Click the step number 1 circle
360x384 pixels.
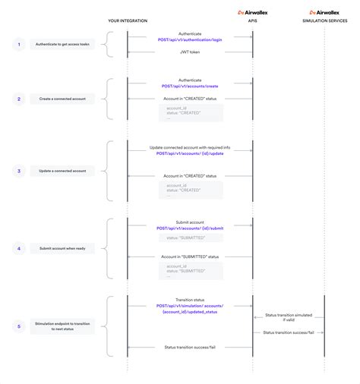[x=19, y=45]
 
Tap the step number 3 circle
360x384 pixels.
[x=19, y=171]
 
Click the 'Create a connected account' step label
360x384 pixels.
[x=63, y=99]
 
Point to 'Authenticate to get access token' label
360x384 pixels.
[x=63, y=45]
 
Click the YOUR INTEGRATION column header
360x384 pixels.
[x=127, y=20]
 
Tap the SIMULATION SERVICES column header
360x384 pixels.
[x=324, y=20]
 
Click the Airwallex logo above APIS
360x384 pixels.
[x=252, y=12]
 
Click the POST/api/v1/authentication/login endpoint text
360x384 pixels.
[x=190, y=39]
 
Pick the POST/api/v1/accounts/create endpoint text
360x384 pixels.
[x=190, y=86]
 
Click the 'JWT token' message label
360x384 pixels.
[x=190, y=52]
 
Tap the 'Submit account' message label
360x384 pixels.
[x=190, y=222]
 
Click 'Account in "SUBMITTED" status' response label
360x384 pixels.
[x=190, y=257]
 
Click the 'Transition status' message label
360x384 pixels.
[x=190, y=299]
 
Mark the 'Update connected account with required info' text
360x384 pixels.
[x=190, y=146]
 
